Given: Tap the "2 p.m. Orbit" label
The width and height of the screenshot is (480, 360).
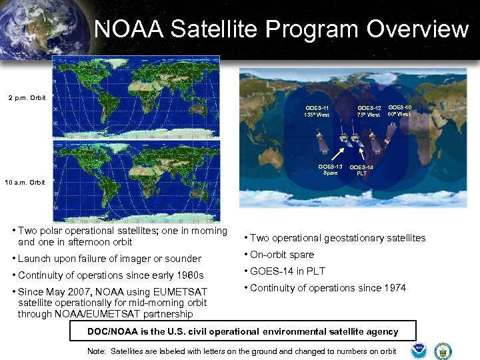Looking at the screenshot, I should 27,98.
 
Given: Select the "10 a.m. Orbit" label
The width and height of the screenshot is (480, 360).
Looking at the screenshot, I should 25,182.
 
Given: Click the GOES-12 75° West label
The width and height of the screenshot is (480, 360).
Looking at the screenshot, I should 369,111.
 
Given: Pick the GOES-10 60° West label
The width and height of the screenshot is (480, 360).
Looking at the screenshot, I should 399,110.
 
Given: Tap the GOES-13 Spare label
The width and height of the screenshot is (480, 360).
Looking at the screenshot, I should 330,169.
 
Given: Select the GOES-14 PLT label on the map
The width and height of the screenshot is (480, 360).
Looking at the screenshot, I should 361,170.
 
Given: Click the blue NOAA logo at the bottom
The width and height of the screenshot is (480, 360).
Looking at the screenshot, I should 419,350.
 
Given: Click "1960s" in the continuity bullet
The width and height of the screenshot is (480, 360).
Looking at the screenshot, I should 189,275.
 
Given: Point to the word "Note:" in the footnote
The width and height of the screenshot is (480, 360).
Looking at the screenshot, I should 97,351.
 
